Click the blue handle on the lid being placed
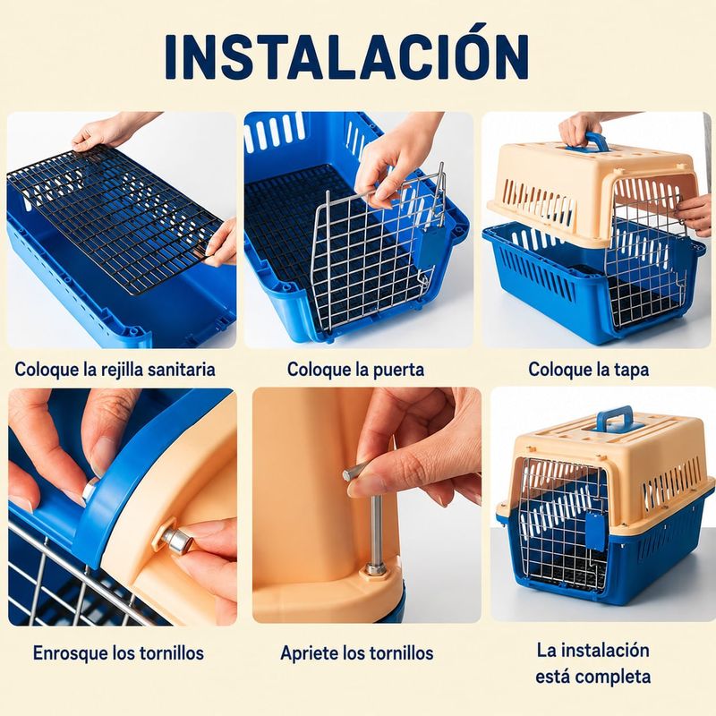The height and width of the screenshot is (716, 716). (588, 142)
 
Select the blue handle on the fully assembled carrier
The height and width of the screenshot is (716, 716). (615, 419)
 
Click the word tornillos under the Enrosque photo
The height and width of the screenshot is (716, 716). (172, 653)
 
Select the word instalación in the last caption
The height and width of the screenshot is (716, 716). (609, 651)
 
